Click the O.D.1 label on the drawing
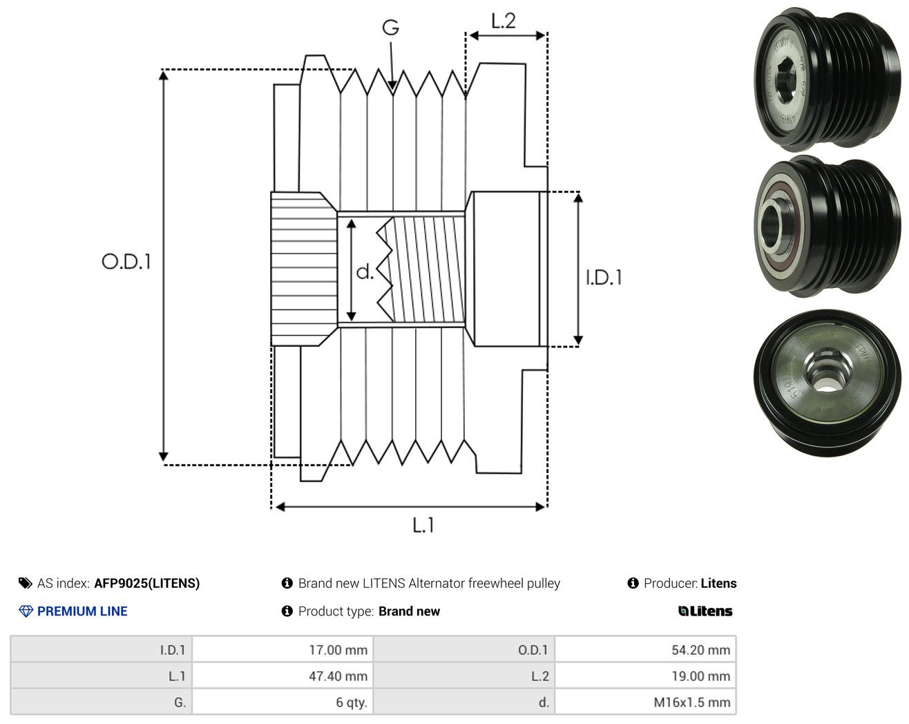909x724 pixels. coord(126,261)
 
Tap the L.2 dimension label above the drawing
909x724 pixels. coord(504,21)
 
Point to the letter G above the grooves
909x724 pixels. coord(390,28)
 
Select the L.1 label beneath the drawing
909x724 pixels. coord(423,525)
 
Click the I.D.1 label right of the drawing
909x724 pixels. coord(604,278)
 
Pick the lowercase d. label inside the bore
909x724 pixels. coord(365,271)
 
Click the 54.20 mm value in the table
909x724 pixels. coord(701,649)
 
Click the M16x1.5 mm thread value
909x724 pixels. coord(692,702)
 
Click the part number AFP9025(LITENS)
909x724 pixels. coord(146,583)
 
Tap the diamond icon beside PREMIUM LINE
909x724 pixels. coord(26,611)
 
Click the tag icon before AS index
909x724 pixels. coord(26,583)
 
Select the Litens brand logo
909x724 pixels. coord(705,611)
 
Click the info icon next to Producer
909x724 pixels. coord(633,583)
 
